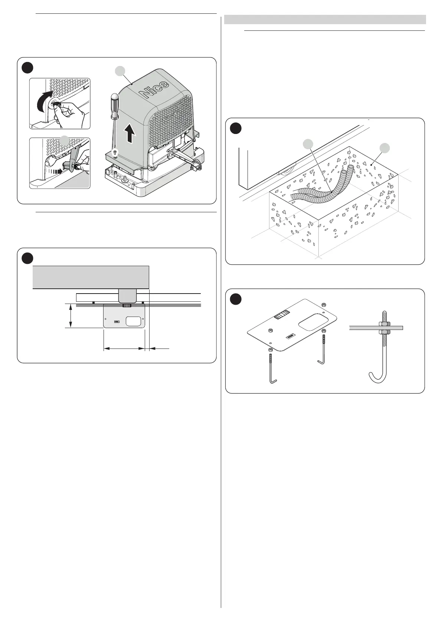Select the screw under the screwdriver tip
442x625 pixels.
point(115,152)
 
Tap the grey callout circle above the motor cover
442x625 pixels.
point(119,71)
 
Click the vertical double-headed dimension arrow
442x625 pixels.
point(71,316)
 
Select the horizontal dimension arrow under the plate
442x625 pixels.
point(124,349)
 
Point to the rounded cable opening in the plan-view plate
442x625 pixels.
point(134,321)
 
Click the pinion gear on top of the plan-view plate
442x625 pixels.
point(127,305)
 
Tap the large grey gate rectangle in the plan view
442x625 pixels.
point(91,277)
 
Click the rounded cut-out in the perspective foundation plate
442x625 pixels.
point(313,321)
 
